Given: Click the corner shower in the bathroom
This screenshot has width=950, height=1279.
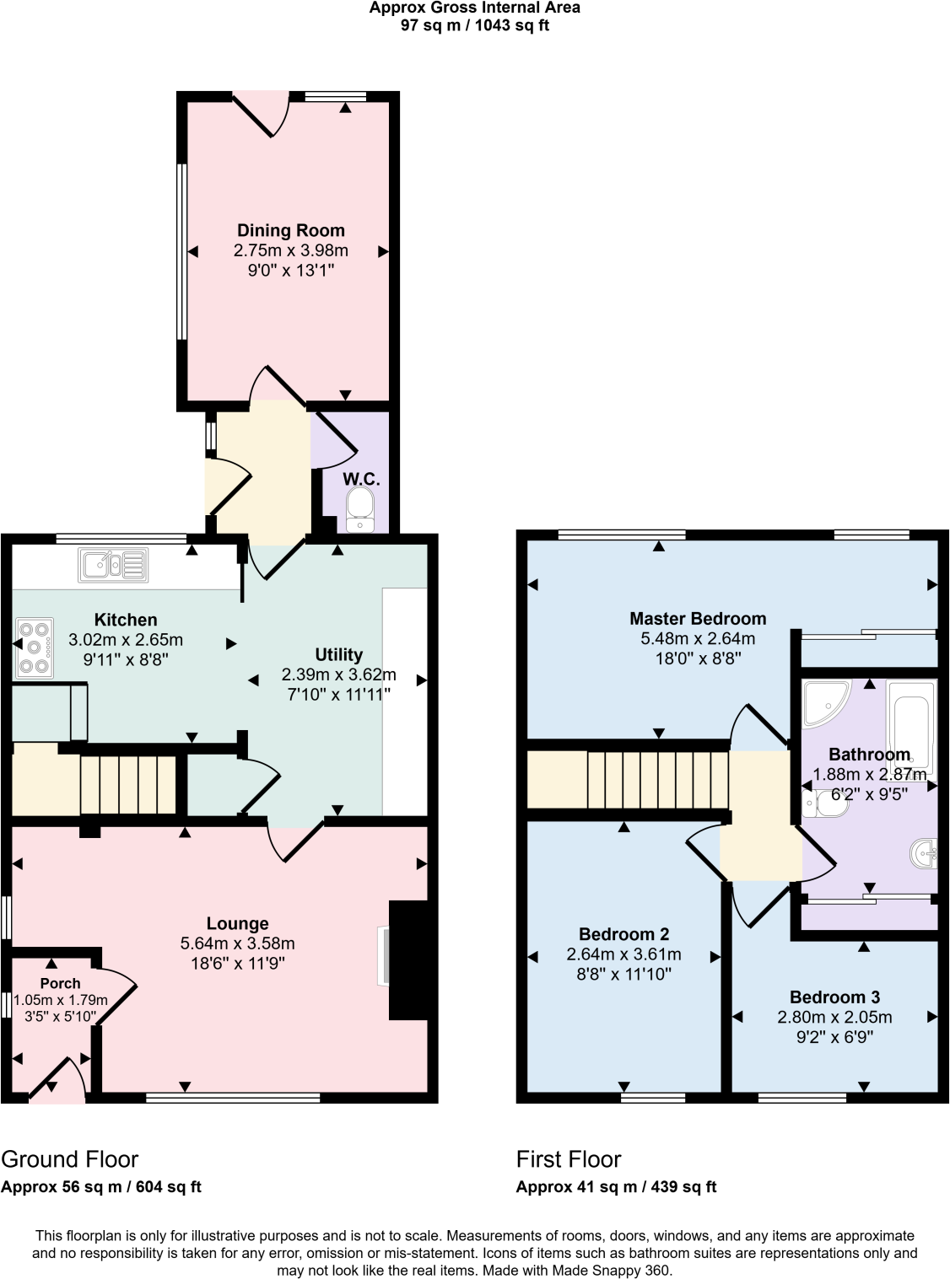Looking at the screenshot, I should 825,703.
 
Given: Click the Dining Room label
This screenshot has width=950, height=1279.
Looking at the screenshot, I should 290,230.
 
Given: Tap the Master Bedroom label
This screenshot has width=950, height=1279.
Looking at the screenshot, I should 698,618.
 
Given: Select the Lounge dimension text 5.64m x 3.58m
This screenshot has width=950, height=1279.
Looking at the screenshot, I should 237,943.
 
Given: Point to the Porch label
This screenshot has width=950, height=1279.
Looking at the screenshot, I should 60,983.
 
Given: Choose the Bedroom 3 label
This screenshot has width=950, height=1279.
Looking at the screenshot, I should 834,997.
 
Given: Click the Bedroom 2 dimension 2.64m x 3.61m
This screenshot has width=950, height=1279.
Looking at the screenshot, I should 623,954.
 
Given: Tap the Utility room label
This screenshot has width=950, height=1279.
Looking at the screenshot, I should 338,654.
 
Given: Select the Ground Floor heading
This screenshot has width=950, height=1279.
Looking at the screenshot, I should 69,1159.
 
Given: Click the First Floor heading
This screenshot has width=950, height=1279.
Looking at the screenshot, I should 569,1159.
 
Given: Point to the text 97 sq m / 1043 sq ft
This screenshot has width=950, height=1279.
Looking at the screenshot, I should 475,25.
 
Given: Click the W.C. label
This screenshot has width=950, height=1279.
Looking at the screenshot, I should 361,479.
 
